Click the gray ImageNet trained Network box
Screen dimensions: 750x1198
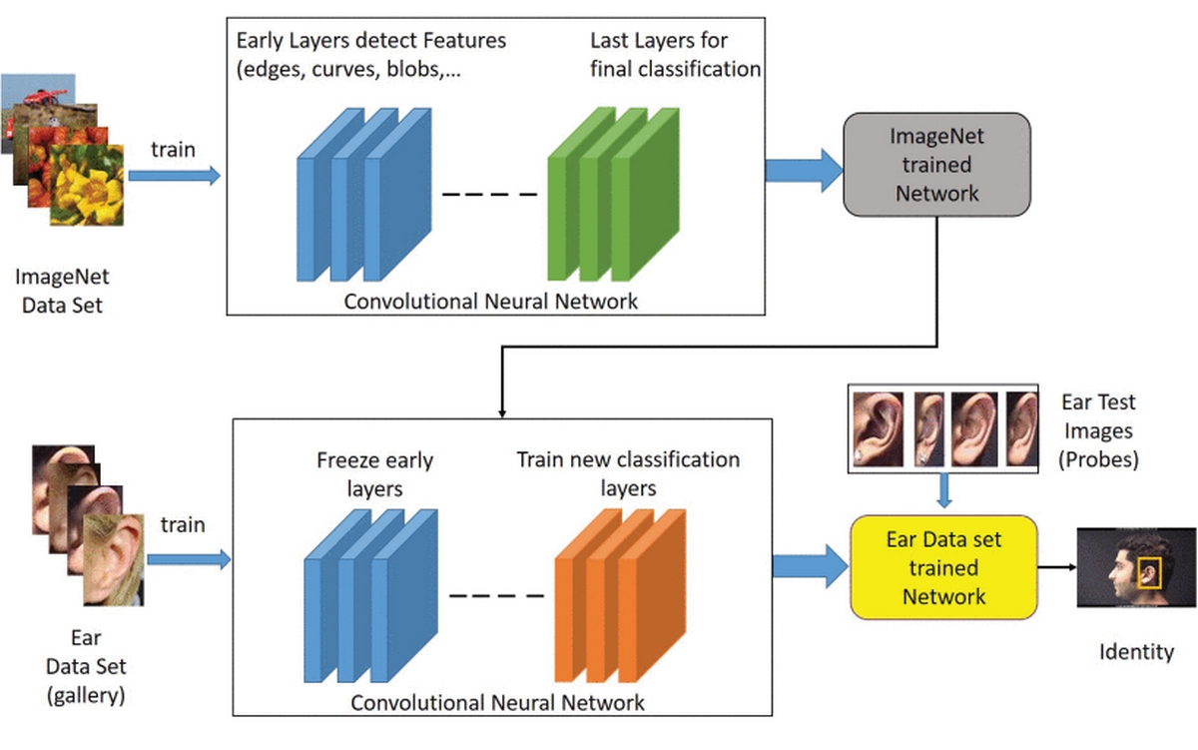pos(936,164)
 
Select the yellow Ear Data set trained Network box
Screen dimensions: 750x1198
pos(943,568)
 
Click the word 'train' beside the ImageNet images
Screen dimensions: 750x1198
pos(173,150)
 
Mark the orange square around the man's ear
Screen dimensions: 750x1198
pos(1151,572)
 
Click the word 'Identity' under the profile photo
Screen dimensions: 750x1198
pos(1136,652)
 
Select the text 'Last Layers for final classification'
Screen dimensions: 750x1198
pos(675,55)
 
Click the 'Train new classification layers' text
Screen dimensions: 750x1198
pos(628,474)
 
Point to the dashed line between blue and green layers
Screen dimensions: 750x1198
pos(488,193)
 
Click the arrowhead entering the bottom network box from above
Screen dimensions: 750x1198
pos(500,412)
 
